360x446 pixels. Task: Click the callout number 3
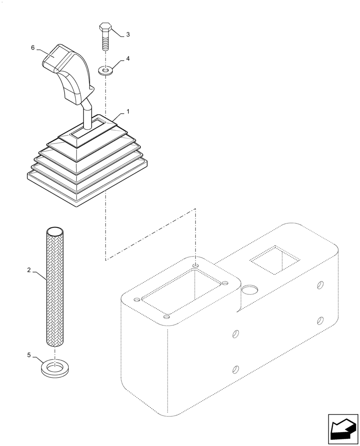(x=128, y=34)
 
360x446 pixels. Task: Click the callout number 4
(x=128, y=58)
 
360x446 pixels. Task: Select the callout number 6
(x=33, y=48)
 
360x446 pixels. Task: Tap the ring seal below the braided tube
(x=55, y=369)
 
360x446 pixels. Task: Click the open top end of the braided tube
(x=55, y=231)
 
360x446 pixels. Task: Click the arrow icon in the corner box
(x=343, y=429)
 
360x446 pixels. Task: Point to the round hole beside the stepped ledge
(x=250, y=291)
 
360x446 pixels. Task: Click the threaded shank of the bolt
(x=106, y=43)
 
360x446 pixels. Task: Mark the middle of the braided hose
(x=55, y=288)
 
